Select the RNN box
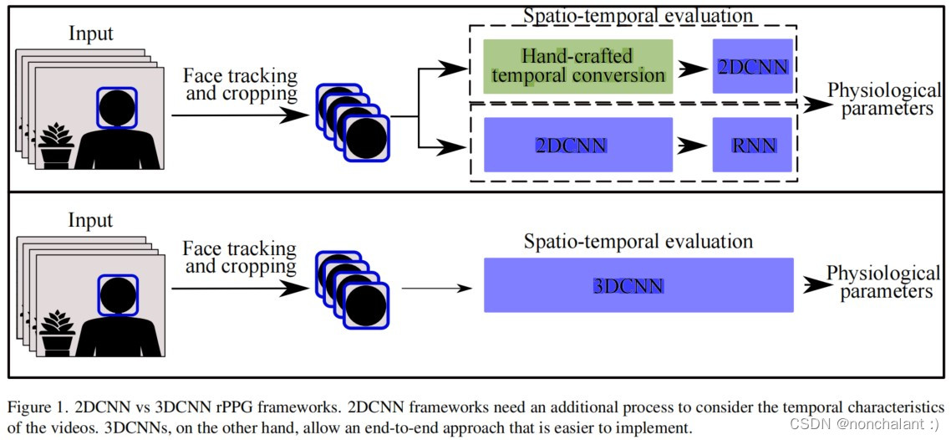click(752, 146)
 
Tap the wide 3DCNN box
click(638, 285)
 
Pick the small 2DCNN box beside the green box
click(752, 66)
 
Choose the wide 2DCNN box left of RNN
click(578, 146)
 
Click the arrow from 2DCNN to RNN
click(692, 146)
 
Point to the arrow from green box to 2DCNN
click(692, 67)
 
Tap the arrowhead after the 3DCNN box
click(812, 285)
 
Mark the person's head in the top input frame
click(117, 106)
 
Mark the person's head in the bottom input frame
click(117, 292)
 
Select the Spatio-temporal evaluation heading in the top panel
click(637, 15)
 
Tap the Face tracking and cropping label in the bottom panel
click(241, 258)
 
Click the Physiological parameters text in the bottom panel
click(882, 283)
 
